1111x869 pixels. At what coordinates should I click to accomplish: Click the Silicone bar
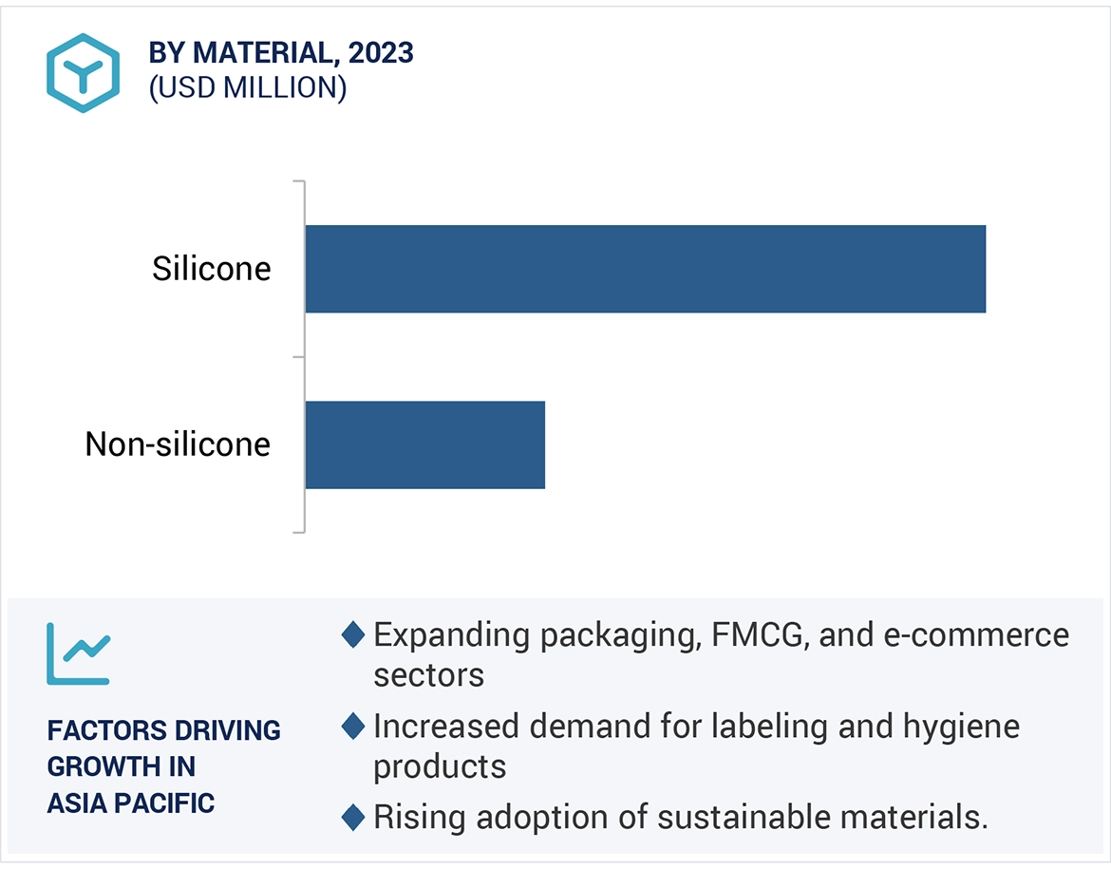point(645,269)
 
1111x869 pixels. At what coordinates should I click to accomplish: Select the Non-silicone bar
point(424,444)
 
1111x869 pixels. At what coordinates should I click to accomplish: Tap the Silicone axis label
point(211,269)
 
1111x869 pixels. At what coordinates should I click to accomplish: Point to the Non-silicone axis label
point(178,444)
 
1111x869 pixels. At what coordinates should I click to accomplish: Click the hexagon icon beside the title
point(83,72)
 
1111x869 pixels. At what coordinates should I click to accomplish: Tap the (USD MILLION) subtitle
point(247,87)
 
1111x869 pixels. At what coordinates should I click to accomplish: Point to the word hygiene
point(961,727)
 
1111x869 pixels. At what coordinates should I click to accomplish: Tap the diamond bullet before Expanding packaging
point(353,634)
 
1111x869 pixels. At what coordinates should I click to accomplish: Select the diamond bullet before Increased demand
point(353,727)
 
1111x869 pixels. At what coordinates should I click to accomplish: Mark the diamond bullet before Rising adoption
point(353,817)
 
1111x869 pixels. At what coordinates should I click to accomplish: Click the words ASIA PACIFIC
point(131,803)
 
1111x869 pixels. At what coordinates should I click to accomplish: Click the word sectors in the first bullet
point(428,674)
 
